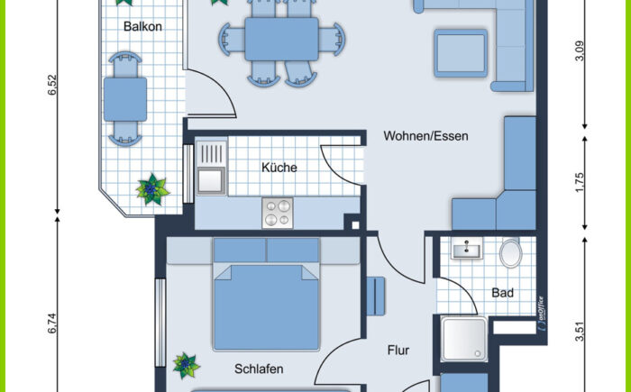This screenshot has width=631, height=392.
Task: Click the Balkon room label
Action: point(142,27)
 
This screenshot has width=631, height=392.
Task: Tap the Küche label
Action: point(279,168)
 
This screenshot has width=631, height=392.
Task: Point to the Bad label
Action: point(502,293)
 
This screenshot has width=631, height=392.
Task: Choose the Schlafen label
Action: point(259,369)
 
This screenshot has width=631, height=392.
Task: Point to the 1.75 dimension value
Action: point(580,183)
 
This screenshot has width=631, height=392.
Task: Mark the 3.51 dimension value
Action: point(580,332)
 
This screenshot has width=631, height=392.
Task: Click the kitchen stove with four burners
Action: point(278,213)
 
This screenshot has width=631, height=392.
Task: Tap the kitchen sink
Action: point(211,167)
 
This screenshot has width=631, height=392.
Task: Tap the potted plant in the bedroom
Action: point(187,365)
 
